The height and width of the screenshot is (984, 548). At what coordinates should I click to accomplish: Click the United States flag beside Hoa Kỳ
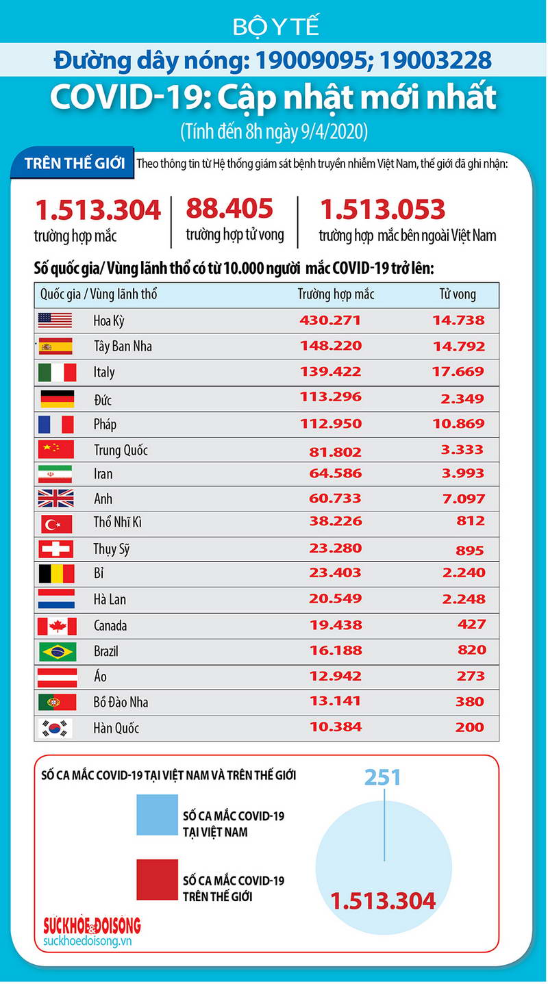tap(55, 320)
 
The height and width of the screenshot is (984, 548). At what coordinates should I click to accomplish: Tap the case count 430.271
tap(330, 320)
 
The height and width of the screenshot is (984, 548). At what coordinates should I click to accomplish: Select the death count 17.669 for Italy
tap(458, 372)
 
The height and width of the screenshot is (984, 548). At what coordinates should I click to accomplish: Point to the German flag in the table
tap(57, 399)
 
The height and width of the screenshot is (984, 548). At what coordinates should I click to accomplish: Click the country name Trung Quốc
tap(121, 450)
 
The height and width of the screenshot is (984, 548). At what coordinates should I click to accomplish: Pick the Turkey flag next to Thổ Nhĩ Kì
tap(57, 524)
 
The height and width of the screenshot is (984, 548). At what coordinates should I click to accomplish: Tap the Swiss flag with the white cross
tap(57, 549)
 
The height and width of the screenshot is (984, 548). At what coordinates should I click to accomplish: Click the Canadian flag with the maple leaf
tap(57, 625)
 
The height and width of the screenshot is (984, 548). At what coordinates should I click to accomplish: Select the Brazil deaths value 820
tap(470, 650)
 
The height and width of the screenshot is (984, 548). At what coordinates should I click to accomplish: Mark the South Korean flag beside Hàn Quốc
tap(57, 727)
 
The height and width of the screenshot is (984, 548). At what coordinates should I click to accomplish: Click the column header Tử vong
tap(458, 294)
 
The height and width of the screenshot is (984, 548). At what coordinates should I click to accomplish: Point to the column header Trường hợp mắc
tap(336, 294)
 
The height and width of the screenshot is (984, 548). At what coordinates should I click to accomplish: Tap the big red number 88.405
tap(229, 208)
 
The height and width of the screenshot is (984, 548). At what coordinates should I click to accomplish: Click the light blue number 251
tap(382, 777)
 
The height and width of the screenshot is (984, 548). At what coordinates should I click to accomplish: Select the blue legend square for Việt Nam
tap(157, 815)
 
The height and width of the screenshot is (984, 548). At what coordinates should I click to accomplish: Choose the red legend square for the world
tap(157, 879)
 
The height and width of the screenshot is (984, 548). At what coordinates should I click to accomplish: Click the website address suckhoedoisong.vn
tap(86, 942)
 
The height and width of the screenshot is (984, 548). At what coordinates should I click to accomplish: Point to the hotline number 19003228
tap(436, 61)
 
